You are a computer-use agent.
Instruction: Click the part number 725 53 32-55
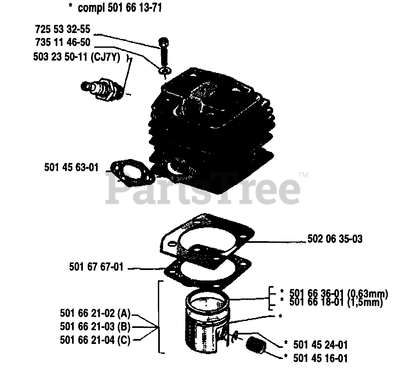coord(63,29)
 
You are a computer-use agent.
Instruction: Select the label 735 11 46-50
coord(63,43)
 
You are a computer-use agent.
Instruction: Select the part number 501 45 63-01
coord(71,168)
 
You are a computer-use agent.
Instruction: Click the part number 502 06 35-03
coord(335,239)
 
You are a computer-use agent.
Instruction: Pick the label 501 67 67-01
coord(96,267)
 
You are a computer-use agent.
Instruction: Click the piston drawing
coord(206,324)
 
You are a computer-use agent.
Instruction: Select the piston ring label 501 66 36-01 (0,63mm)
coord(339,293)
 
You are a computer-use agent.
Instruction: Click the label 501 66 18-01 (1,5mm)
coord(336,302)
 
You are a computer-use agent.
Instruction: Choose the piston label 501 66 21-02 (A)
coord(95,313)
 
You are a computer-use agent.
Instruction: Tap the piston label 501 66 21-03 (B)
coord(95,326)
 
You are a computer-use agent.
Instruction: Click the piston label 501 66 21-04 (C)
coord(95,340)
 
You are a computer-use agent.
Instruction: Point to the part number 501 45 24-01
coord(320,345)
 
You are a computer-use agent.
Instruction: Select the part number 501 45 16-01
coord(320,358)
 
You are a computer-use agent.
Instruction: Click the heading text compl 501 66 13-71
coord(120,8)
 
